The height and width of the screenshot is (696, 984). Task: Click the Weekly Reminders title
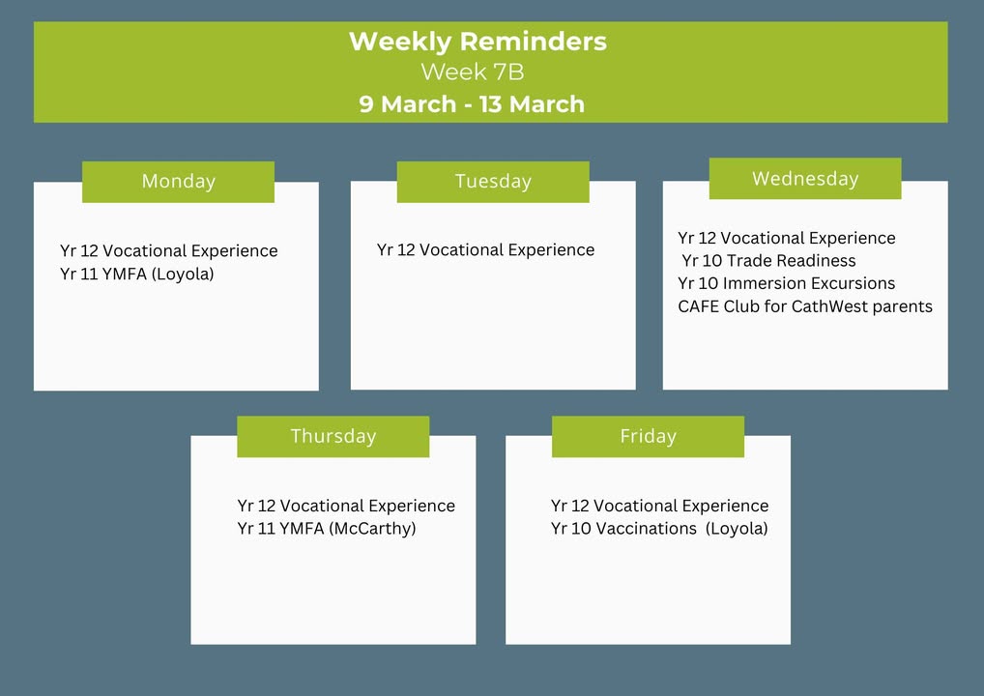coord(478,42)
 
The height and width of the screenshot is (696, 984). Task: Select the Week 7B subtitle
coord(473,72)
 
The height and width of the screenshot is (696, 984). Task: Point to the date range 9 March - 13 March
coord(472,103)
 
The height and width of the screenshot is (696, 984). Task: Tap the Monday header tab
coord(178,182)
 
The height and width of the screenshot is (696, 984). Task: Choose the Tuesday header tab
coord(493,182)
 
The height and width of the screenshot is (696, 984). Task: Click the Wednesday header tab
coord(805,178)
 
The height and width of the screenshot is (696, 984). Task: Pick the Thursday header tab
coord(333,436)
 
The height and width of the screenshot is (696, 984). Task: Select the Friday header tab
coord(649,436)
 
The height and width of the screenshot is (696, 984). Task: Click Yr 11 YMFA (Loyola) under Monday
coord(137,275)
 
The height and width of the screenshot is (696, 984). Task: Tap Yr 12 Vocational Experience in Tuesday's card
coord(486,249)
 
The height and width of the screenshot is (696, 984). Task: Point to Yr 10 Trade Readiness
coord(768,260)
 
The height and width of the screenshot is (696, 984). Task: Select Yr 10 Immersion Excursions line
coord(786,283)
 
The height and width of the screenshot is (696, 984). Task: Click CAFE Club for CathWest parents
coord(805,306)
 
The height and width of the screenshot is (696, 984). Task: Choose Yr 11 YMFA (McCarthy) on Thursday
coord(327,529)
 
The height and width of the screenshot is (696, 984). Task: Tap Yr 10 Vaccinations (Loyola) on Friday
coord(659,529)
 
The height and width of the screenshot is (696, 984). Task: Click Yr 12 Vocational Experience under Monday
coord(169,251)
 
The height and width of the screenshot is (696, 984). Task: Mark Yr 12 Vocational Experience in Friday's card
coord(659,506)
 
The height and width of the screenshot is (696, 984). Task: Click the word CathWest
coord(827,306)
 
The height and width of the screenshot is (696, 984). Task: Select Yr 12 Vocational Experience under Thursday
coord(346,506)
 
